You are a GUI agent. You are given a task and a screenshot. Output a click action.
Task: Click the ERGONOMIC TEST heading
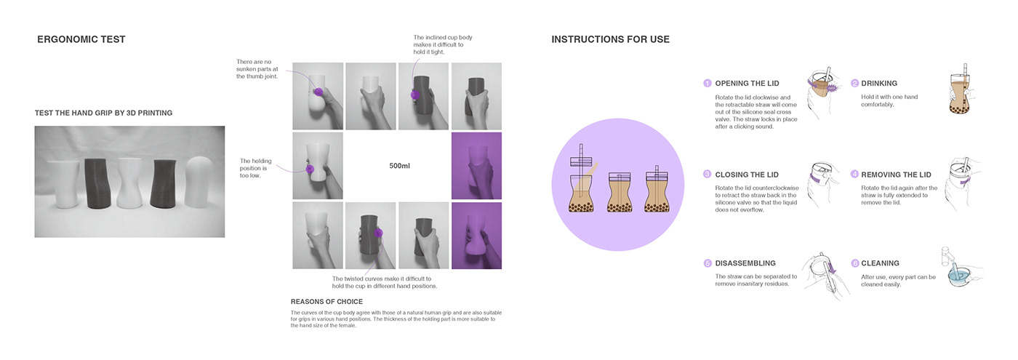[x=81, y=39]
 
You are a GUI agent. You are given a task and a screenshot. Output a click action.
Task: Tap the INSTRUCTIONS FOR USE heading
[x=610, y=39]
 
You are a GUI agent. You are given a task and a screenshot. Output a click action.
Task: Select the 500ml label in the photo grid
[x=399, y=166]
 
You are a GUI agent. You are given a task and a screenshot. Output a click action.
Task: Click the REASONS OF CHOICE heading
[x=326, y=302]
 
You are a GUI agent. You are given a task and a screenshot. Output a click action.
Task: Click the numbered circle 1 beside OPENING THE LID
[x=707, y=83]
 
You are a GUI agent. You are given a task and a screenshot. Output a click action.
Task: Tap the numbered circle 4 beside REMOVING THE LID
[x=854, y=174]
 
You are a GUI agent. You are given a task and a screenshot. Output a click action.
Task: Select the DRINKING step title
[x=879, y=84]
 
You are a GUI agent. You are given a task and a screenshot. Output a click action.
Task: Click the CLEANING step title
[x=880, y=263]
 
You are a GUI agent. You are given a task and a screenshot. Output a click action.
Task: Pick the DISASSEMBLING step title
[x=745, y=263]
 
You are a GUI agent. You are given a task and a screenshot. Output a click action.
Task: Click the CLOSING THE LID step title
[x=747, y=175]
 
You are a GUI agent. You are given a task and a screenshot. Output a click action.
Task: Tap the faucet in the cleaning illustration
[x=947, y=256]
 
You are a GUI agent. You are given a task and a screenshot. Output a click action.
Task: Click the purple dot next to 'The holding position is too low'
[x=310, y=169]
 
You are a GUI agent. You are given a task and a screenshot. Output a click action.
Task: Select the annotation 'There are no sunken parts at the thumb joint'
[x=257, y=69]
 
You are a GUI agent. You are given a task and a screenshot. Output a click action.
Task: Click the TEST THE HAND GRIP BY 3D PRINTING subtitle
[x=103, y=113]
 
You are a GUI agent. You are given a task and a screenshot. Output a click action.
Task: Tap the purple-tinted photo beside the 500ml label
[x=476, y=166]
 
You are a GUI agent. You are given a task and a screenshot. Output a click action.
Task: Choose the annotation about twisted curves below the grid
[x=385, y=282]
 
